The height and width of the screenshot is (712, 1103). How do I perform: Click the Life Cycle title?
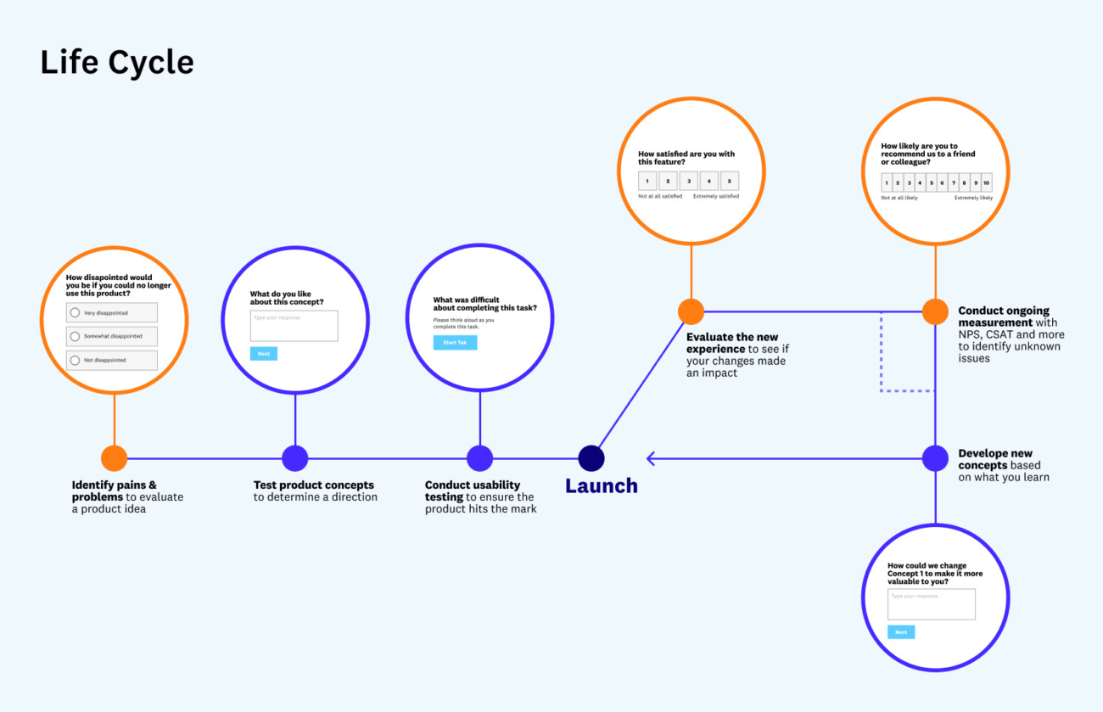[117, 64]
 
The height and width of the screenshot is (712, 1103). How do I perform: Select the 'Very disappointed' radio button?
[75, 312]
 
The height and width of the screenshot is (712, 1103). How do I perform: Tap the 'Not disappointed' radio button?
[75, 360]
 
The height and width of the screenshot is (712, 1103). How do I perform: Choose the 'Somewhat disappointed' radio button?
[75, 336]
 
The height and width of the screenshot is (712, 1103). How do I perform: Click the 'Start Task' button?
[455, 343]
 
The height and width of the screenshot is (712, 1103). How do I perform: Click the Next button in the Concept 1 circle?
[901, 632]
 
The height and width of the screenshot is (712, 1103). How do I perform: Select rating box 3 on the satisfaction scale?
[688, 181]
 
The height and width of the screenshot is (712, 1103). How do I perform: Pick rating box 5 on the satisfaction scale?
[730, 181]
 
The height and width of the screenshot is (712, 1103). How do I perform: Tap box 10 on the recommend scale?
[986, 182]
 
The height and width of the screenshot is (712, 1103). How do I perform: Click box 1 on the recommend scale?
[887, 182]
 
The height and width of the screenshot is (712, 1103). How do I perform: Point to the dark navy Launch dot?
[591, 458]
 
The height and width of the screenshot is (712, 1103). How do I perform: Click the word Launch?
[602, 486]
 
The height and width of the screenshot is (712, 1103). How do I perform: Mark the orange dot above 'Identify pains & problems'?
[114, 458]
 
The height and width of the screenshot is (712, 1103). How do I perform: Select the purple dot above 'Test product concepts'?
[295, 458]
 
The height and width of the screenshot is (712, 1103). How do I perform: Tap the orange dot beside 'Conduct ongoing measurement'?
[935, 311]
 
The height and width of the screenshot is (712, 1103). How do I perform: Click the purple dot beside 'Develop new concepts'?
[935, 458]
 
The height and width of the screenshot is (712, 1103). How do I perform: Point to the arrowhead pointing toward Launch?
[651, 458]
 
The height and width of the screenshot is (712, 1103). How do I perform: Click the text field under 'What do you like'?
[294, 326]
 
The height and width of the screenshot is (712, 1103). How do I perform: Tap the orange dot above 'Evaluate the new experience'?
[691, 311]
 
